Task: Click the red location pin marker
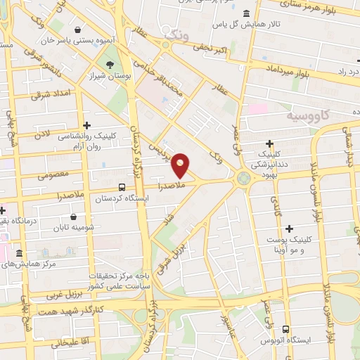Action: tap(181, 165)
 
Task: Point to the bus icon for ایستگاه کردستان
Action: tap(122, 188)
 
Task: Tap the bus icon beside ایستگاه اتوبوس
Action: tap(285, 329)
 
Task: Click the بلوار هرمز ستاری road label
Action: tap(312, 10)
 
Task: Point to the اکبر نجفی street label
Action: tap(205, 49)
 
